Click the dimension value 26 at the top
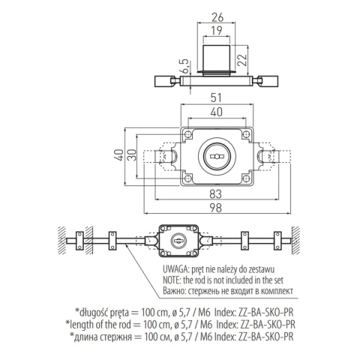point(217,17)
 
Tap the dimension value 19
point(216,31)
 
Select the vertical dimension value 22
point(242,60)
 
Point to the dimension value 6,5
point(184,66)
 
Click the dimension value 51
point(216,97)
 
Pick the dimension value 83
point(216,193)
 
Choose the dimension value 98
point(216,208)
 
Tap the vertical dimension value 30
point(133,154)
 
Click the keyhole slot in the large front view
point(217,157)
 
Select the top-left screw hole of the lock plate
point(187,135)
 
